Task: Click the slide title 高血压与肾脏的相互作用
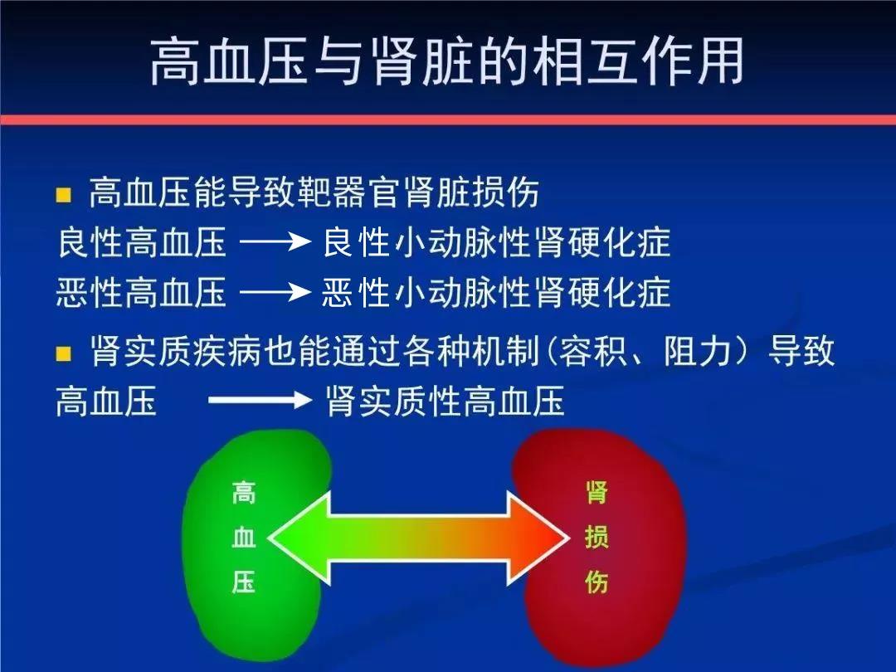pos(447,61)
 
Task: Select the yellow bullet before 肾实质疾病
pos(63,353)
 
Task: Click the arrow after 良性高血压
pos(275,241)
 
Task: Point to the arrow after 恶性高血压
pos(275,293)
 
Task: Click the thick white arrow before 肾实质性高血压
pos(261,399)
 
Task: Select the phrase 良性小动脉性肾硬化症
pos(497,242)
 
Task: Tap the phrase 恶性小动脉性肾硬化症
pos(497,293)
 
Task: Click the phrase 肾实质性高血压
pos(446,401)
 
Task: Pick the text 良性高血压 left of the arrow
pos(142,242)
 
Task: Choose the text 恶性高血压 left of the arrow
pos(142,293)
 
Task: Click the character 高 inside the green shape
pos(243,493)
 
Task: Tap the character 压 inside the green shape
pos(243,582)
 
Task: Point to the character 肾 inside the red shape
pos(597,493)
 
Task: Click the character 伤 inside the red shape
pos(597,582)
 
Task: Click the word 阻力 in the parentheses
pos(699,351)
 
